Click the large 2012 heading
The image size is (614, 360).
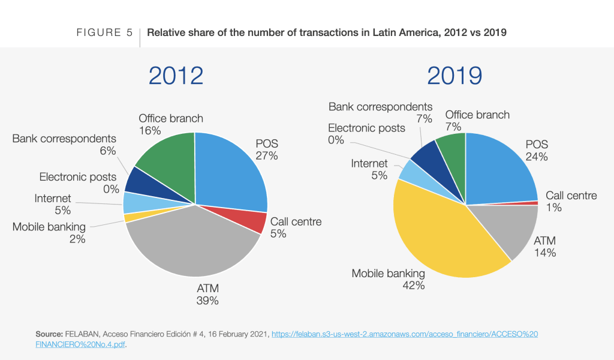point(176,76)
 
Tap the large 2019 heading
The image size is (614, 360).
point(455,76)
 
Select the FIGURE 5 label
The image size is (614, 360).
point(104,32)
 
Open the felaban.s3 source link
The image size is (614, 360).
point(405,334)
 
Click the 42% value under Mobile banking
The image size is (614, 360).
point(414,286)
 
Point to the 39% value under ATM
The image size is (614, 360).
point(207,301)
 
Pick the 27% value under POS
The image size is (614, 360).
point(266,156)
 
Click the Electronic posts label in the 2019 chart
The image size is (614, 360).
point(366,128)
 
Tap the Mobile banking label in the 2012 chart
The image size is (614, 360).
point(49,227)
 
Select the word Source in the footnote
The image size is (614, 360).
point(46,334)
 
